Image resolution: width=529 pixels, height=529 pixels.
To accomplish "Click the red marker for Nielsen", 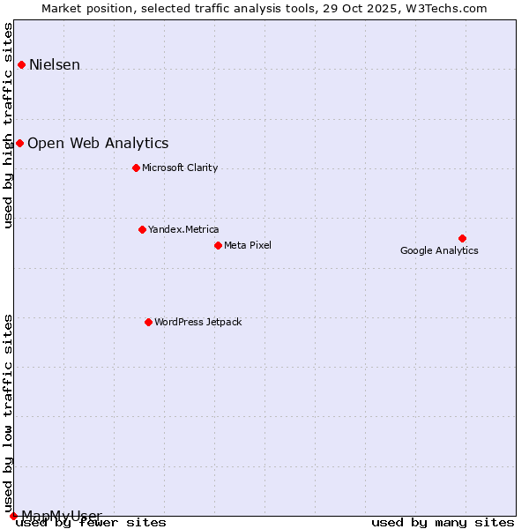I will coord(21,64).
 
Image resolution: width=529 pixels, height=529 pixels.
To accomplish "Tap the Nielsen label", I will coord(55,64).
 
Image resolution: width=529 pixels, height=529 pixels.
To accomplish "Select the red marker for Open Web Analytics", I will coord(19,143).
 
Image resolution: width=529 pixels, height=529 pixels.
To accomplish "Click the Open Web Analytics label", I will coord(98,143).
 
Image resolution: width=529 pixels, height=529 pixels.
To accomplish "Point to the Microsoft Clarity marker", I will coord(136,168).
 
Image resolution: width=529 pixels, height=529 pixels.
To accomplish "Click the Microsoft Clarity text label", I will coord(180,168).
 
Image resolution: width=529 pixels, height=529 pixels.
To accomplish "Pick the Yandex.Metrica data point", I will coord(142,229).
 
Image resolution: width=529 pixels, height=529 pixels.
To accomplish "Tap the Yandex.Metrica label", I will coord(183,229).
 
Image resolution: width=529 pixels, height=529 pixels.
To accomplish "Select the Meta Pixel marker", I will coord(218,245).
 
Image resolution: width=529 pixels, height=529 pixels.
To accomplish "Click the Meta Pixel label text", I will coord(248,245).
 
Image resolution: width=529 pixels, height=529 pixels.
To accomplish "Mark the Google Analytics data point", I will coord(462,238).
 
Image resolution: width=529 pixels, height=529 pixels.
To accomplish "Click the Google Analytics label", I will coord(439,250).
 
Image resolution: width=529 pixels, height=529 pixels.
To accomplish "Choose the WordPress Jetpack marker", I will coord(148,322).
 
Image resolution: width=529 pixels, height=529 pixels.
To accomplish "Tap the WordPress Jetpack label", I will coord(197,322).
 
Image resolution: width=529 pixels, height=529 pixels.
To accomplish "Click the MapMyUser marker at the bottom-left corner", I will coord(13,516).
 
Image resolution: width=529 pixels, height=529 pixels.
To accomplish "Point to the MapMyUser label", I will coord(62,515).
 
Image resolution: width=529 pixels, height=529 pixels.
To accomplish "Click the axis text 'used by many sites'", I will coord(443,523).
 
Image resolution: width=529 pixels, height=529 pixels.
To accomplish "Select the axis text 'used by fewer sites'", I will coord(91,523).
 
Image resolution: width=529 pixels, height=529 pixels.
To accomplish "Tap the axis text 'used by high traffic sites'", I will coord(9,125).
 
